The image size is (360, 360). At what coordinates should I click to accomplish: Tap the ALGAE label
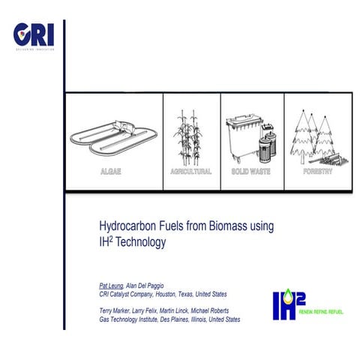[110, 172]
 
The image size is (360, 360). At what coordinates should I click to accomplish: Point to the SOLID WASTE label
[252, 172]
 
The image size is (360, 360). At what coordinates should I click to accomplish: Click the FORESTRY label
[317, 172]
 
